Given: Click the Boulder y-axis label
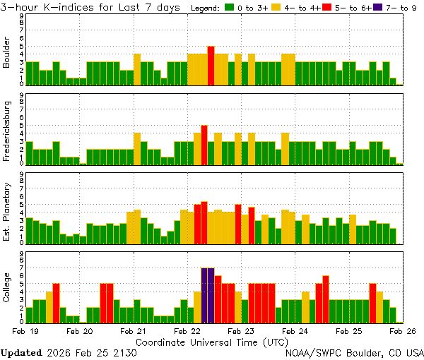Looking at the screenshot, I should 7,53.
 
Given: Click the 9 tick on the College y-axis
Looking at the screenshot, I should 21,252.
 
